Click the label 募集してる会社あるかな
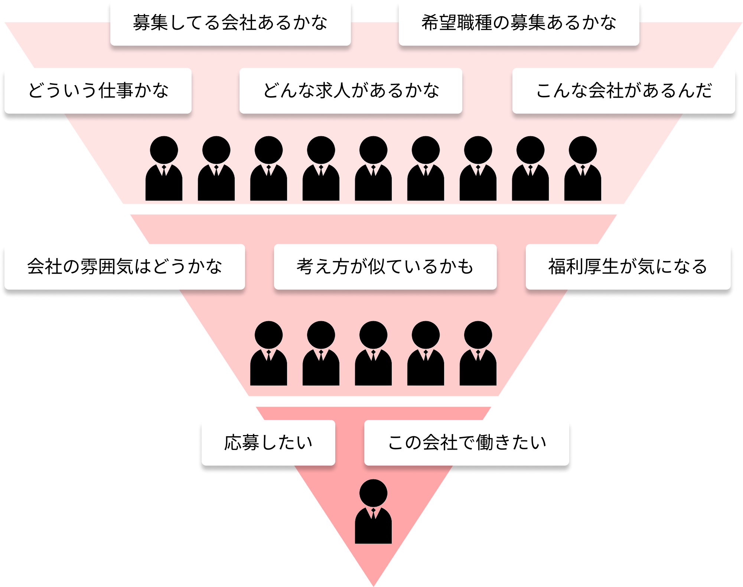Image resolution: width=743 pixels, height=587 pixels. (x=230, y=23)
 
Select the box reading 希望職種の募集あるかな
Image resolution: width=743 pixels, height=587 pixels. (x=519, y=23)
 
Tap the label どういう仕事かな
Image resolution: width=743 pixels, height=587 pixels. (x=98, y=91)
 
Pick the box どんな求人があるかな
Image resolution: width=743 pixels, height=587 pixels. (x=351, y=91)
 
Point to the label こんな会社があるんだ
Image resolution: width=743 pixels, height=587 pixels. (x=623, y=91)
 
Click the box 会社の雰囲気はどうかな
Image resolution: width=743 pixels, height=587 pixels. (x=124, y=267)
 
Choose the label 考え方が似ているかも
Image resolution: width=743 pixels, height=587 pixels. (x=385, y=267)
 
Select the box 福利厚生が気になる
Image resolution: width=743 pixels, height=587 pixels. (x=628, y=267)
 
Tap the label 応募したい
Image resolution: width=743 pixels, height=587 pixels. (x=268, y=443)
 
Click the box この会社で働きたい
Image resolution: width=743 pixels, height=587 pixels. (x=467, y=443)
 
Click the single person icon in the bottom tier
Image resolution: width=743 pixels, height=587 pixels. (x=373, y=512)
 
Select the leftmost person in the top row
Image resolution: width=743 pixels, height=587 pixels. (x=164, y=169)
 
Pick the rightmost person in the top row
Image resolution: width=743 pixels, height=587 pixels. (x=583, y=169)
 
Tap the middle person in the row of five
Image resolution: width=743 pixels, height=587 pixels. (x=373, y=354)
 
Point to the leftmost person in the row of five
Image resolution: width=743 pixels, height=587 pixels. (x=268, y=354)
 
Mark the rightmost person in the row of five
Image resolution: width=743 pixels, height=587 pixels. (x=478, y=354)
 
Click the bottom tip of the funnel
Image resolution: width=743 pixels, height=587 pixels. (x=374, y=583)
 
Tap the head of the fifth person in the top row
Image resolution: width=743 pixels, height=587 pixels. (x=373, y=150)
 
